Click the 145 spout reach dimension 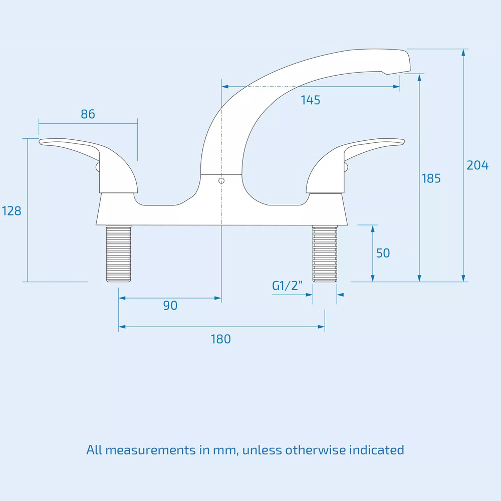pyautogui.click(x=311, y=100)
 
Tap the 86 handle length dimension pyautogui.click(x=88, y=114)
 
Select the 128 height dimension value pyautogui.click(x=12, y=211)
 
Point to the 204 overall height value pyautogui.click(x=477, y=165)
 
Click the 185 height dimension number pyautogui.click(x=431, y=178)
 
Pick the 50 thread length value pyautogui.click(x=383, y=254)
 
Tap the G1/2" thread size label pyautogui.click(x=288, y=286)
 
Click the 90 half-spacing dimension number pyautogui.click(x=170, y=306)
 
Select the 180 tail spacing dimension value pyautogui.click(x=220, y=339)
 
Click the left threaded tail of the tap pyautogui.click(x=119, y=254)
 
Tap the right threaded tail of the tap pyautogui.click(x=325, y=254)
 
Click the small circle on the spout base pyautogui.click(x=221, y=181)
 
